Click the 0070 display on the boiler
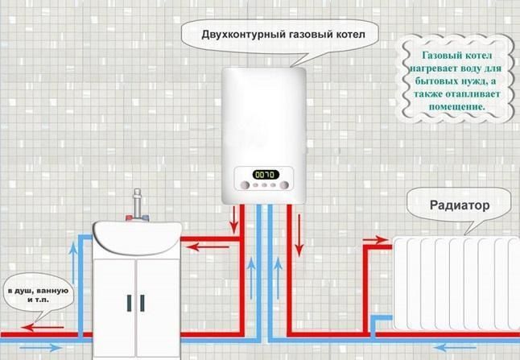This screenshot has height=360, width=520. pos(264,174)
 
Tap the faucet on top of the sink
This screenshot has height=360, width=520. pos(138,204)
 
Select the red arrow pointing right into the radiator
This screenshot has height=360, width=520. pos(376,239)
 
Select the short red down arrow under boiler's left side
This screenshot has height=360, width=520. pos(235,217)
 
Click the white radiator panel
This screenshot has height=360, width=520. pos(455,283)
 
